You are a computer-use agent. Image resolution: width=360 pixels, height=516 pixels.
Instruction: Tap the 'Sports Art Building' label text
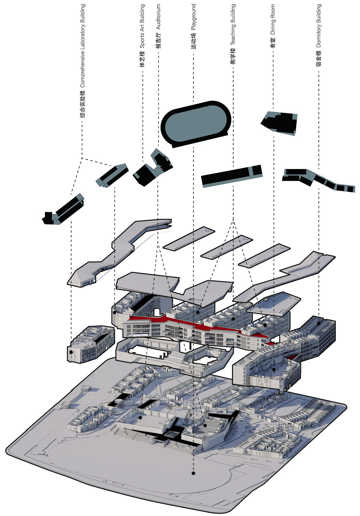click(x=142, y=26)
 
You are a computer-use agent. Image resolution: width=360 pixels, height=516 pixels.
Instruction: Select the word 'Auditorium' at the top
click(x=158, y=17)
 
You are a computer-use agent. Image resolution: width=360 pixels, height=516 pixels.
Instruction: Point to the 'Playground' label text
click(x=193, y=17)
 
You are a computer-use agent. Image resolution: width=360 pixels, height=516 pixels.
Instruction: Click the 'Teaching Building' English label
click(x=233, y=25)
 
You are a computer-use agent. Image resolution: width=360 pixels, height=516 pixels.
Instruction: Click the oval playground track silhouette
click(x=195, y=123)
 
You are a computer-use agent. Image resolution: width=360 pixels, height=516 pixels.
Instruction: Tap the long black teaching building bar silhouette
click(x=231, y=175)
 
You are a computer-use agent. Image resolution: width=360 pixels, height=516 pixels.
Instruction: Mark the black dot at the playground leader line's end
click(x=193, y=473)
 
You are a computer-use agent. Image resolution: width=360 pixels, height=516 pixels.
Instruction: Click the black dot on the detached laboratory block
click(x=71, y=353)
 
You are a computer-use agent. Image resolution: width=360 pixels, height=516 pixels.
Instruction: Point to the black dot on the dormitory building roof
click(x=319, y=323)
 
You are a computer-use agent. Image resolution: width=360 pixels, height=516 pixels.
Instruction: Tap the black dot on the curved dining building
click(x=274, y=369)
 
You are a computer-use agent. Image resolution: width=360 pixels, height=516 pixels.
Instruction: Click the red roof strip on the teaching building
click(x=199, y=326)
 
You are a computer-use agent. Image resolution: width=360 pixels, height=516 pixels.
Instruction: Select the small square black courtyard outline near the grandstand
click(x=172, y=435)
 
